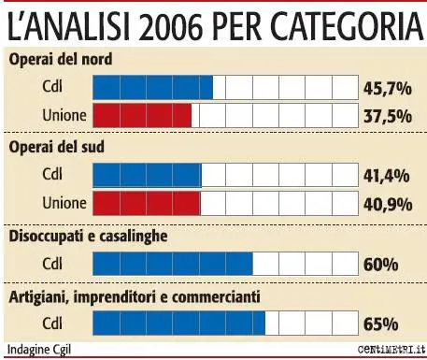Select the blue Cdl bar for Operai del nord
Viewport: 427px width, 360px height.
tap(153, 88)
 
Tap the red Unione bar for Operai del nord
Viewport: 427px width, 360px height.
tap(142, 116)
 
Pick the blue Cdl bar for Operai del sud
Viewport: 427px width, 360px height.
tap(148, 176)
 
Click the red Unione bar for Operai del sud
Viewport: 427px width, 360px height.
tap(147, 204)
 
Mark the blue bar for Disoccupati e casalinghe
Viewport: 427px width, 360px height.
tap(173, 264)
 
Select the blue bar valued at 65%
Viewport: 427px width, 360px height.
tap(179, 324)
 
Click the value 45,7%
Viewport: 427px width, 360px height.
tap(387, 89)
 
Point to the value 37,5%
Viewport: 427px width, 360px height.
tap(387, 117)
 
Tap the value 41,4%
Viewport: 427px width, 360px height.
tap(387, 177)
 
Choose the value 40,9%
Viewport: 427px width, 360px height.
tap(387, 205)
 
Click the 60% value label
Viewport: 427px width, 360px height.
tap(380, 265)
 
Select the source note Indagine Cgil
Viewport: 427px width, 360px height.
tap(38, 351)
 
